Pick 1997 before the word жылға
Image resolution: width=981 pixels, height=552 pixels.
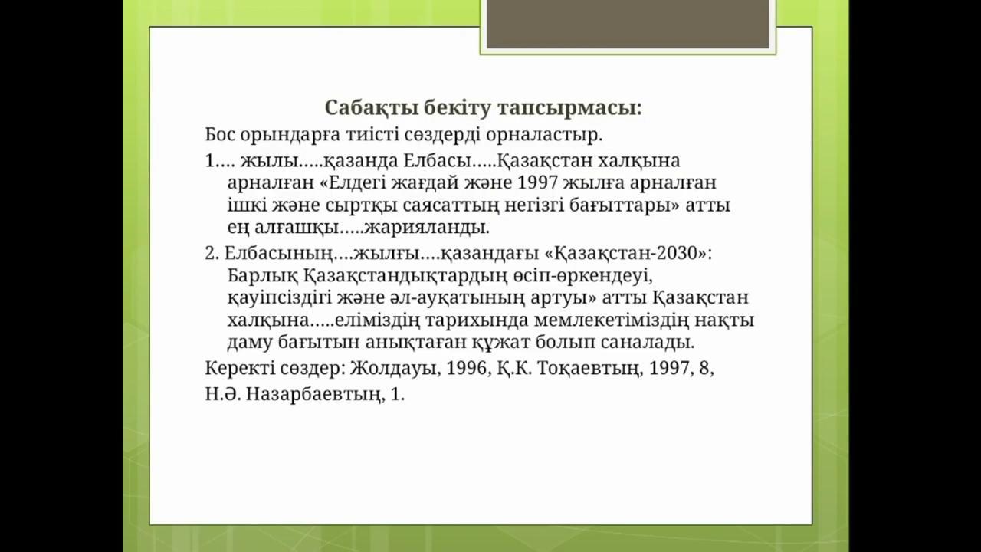pyautogui.click(x=537, y=182)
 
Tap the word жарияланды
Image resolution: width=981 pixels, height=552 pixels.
pyautogui.click(x=426, y=228)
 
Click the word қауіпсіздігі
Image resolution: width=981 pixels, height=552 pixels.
pyautogui.click(x=280, y=299)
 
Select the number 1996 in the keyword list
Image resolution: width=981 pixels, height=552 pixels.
pyautogui.click(x=467, y=369)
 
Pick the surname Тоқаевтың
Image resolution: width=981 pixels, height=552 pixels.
pyautogui.click(x=587, y=370)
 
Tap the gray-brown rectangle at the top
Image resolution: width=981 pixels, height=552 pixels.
pyautogui.click(x=628, y=24)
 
